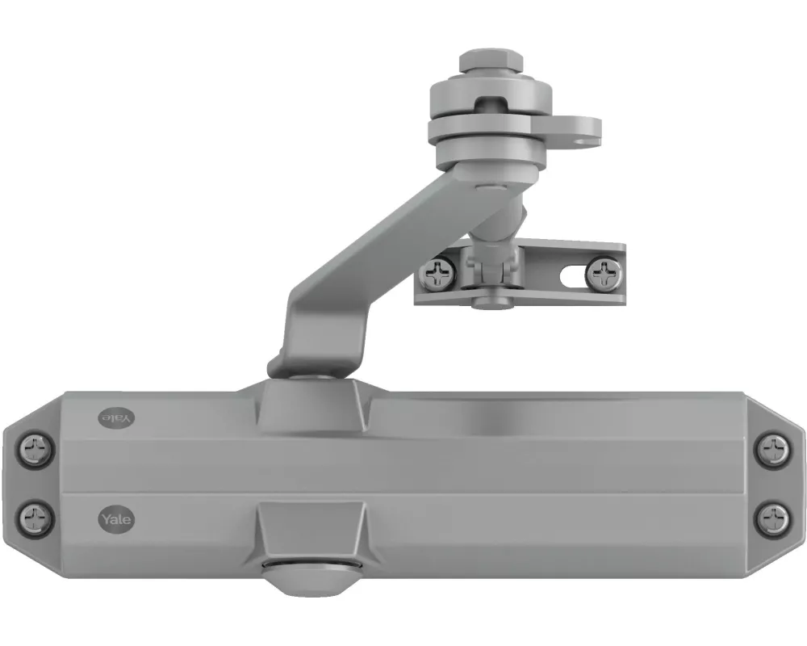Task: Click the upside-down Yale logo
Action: (x=115, y=417)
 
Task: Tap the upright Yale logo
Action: (x=115, y=519)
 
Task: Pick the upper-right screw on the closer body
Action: (x=772, y=446)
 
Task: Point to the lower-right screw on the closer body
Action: (x=772, y=514)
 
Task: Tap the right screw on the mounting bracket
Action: (x=603, y=273)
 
